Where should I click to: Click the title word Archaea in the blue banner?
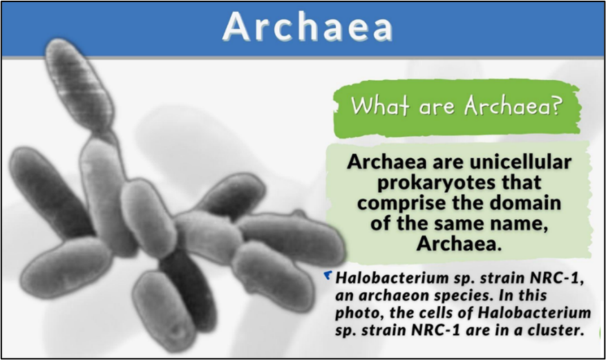pyautogui.click(x=307, y=27)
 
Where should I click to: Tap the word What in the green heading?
pyautogui.click(x=379, y=105)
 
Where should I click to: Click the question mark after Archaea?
pyautogui.click(x=556, y=105)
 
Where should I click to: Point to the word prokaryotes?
pyautogui.click(x=432, y=182)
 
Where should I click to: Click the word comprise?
pyautogui.click(x=397, y=203)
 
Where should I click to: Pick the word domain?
pyautogui.click(x=519, y=202)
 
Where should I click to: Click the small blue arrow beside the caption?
pyautogui.click(x=328, y=275)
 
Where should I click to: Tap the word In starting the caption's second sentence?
pyautogui.click(x=506, y=296)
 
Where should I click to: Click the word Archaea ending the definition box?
pyautogui.click(x=459, y=244)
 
